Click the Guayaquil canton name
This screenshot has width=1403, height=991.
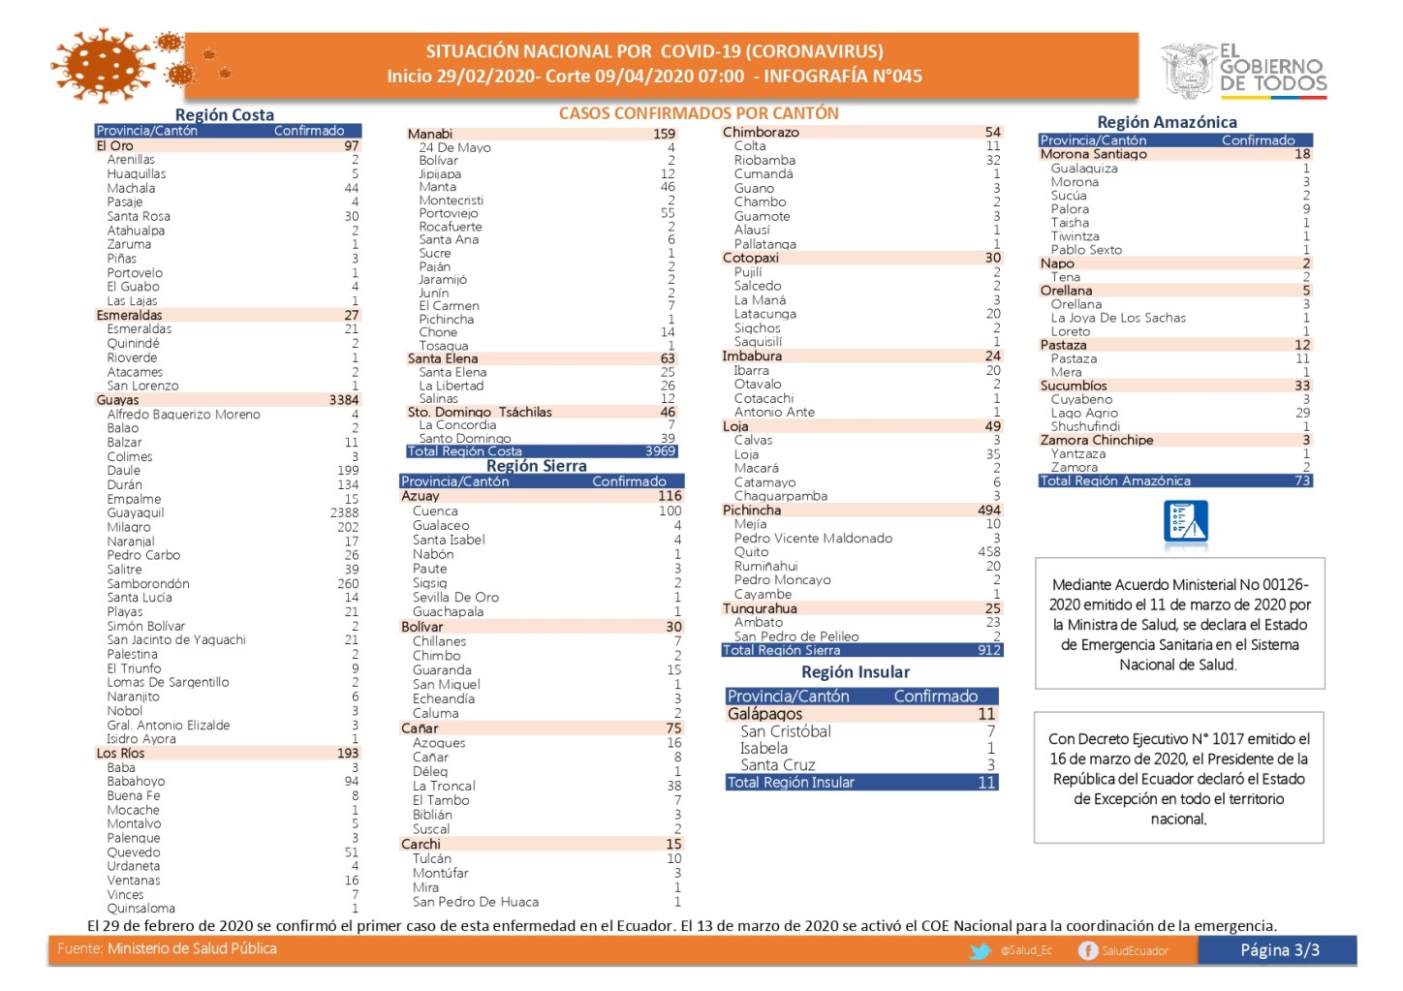(136, 513)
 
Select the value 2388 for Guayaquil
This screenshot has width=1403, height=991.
(344, 513)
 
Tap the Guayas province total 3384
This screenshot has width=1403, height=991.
(344, 400)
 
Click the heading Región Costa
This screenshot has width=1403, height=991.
(225, 114)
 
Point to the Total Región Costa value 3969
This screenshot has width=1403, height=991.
(660, 451)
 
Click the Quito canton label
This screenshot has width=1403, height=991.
(751, 552)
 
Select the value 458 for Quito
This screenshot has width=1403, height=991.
(988, 552)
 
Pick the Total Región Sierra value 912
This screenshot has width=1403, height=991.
(989, 650)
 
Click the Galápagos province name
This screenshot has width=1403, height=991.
(764, 714)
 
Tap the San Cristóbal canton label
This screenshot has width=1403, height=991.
(786, 731)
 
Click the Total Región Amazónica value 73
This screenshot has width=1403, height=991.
(1302, 480)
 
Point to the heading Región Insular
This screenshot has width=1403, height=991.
(856, 672)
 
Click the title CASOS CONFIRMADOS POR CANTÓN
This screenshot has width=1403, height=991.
(699, 113)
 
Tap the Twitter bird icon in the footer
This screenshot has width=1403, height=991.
(981, 951)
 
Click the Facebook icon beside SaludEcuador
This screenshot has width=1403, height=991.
(1088, 951)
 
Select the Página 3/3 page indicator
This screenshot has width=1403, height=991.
(1280, 950)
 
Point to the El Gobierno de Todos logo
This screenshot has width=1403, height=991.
(1244, 70)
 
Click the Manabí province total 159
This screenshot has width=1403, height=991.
(664, 134)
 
